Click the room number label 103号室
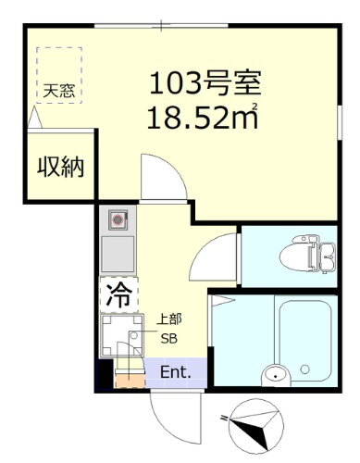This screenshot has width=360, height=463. coord(208,86)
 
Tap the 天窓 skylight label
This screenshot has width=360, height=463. coord(57,91)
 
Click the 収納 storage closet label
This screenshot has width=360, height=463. coord(61,168)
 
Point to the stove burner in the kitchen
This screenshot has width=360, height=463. coord(118,219)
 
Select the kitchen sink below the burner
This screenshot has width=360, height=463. coord(118,252)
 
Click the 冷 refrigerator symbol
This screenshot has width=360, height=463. coord(118,295)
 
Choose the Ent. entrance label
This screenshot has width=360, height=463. coord(176,373)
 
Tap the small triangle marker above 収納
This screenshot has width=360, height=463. coord(34,118)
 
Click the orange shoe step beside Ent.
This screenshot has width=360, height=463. coord(129,375)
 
